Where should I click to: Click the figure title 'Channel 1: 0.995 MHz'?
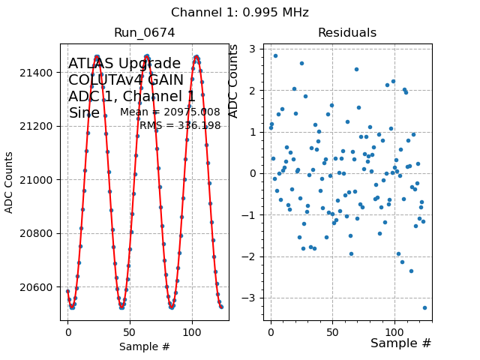[239, 13]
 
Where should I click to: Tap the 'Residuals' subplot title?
[346, 33]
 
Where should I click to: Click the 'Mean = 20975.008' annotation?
[170, 112]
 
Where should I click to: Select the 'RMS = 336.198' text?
[180, 125]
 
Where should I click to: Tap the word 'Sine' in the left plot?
[84, 113]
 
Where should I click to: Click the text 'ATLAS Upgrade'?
[124, 64]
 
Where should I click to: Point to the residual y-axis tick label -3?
[253, 298]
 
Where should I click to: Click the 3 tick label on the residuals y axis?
[255, 49]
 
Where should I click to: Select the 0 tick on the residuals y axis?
[255, 174]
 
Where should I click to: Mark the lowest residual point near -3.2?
[424, 307]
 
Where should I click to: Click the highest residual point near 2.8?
[275, 55]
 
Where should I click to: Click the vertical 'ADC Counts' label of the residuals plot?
[234, 81]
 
